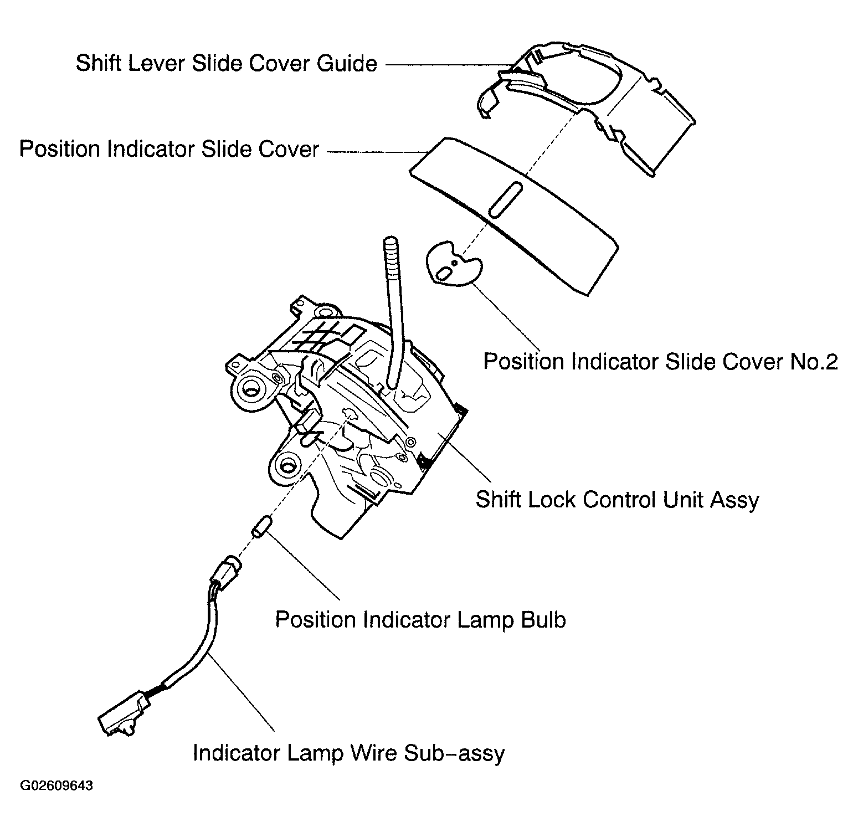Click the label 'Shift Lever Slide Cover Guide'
(226, 63)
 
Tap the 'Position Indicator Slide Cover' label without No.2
(169, 149)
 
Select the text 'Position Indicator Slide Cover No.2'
(660, 362)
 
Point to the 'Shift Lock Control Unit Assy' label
(617, 500)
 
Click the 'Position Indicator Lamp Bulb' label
(420, 619)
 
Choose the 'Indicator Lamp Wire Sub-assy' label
(348, 753)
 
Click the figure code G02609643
(56, 786)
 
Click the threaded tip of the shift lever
(392, 258)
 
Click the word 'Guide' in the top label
(347, 63)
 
